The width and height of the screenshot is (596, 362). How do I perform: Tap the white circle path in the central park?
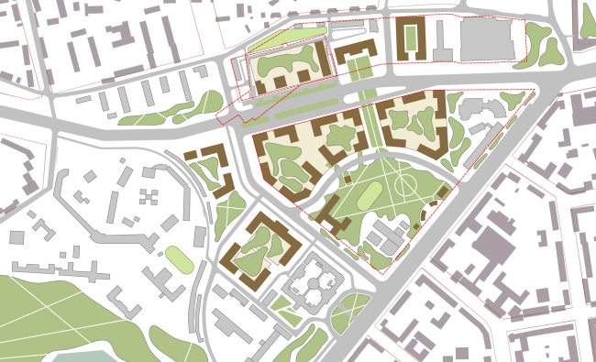[x=404, y=187]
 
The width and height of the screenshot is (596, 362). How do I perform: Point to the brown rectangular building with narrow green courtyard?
[x=410, y=38]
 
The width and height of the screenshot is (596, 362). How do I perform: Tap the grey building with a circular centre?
[x=313, y=288]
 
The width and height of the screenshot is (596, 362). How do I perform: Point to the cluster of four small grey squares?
[x=146, y=196]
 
